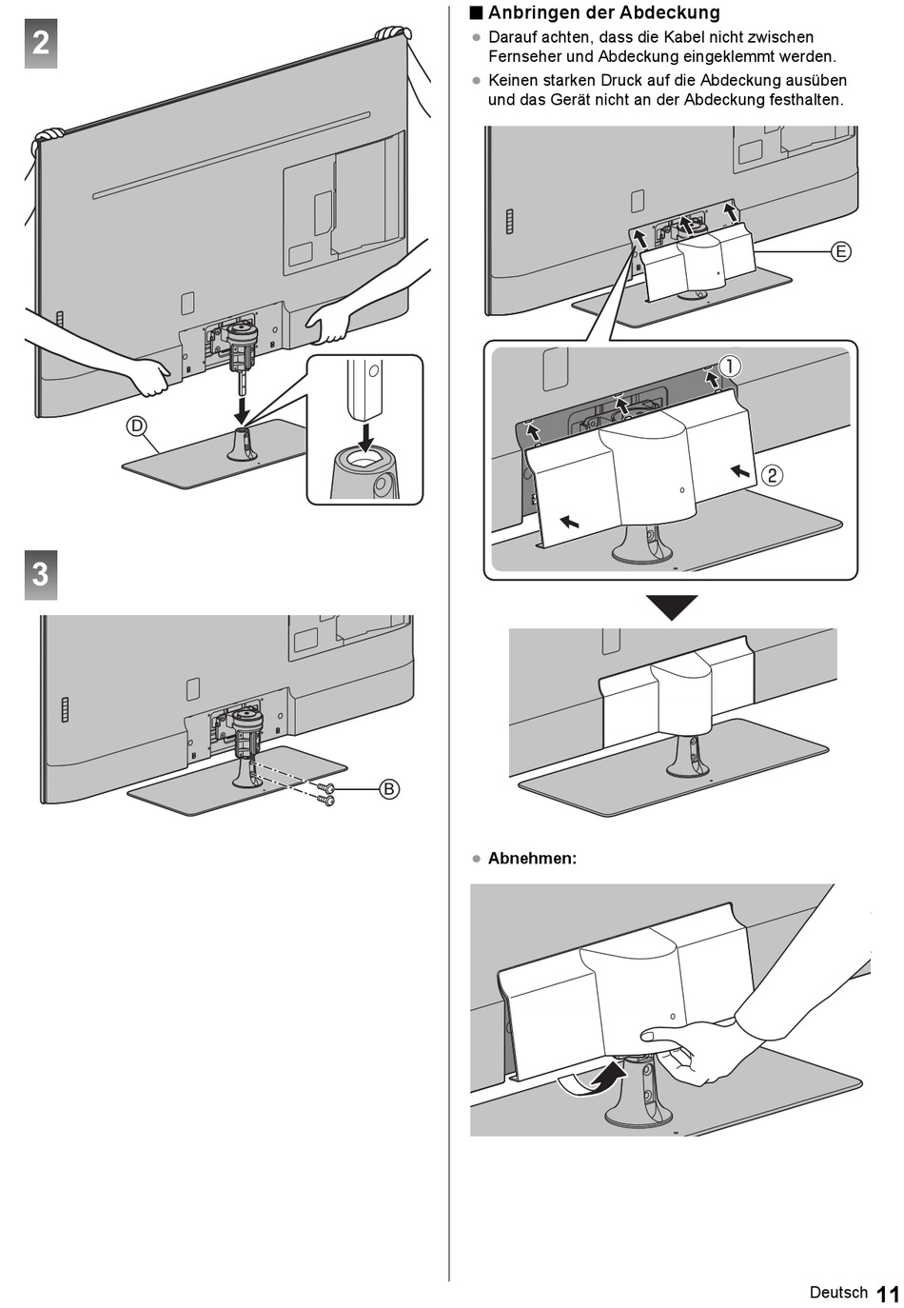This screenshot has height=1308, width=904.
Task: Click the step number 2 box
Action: (x=41, y=44)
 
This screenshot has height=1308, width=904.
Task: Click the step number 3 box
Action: (x=41, y=574)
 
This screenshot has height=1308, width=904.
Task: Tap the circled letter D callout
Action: (x=137, y=426)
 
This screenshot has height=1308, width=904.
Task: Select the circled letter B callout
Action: (x=389, y=788)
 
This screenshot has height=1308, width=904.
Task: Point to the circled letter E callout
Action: (x=840, y=251)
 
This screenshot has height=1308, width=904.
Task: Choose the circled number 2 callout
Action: (x=773, y=474)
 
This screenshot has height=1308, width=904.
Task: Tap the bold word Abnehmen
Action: (x=532, y=858)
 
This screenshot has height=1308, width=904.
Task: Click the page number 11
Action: (x=888, y=1294)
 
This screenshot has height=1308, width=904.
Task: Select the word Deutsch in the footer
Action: (x=838, y=1292)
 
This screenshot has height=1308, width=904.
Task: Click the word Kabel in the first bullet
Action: (x=681, y=37)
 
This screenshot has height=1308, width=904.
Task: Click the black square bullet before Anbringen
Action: (x=477, y=12)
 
